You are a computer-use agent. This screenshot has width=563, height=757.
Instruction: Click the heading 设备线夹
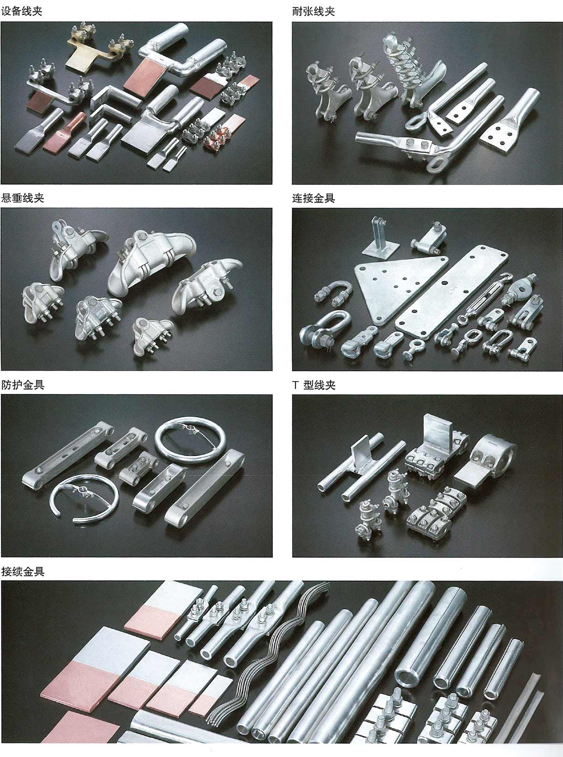tap(22, 11)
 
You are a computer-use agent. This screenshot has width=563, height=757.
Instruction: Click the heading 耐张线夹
tap(314, 11)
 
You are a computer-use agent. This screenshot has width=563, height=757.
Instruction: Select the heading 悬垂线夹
tap(23, 198)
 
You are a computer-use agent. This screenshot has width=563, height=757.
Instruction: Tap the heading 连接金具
tap(314, 198)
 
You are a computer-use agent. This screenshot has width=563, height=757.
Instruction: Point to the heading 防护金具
tap(23, 385)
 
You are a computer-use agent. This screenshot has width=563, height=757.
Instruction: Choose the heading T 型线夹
tap(314, 385)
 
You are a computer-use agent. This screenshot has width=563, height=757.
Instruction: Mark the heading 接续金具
tap(23, 572)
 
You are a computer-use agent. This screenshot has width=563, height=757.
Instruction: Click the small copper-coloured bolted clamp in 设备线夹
tap(217, 138)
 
